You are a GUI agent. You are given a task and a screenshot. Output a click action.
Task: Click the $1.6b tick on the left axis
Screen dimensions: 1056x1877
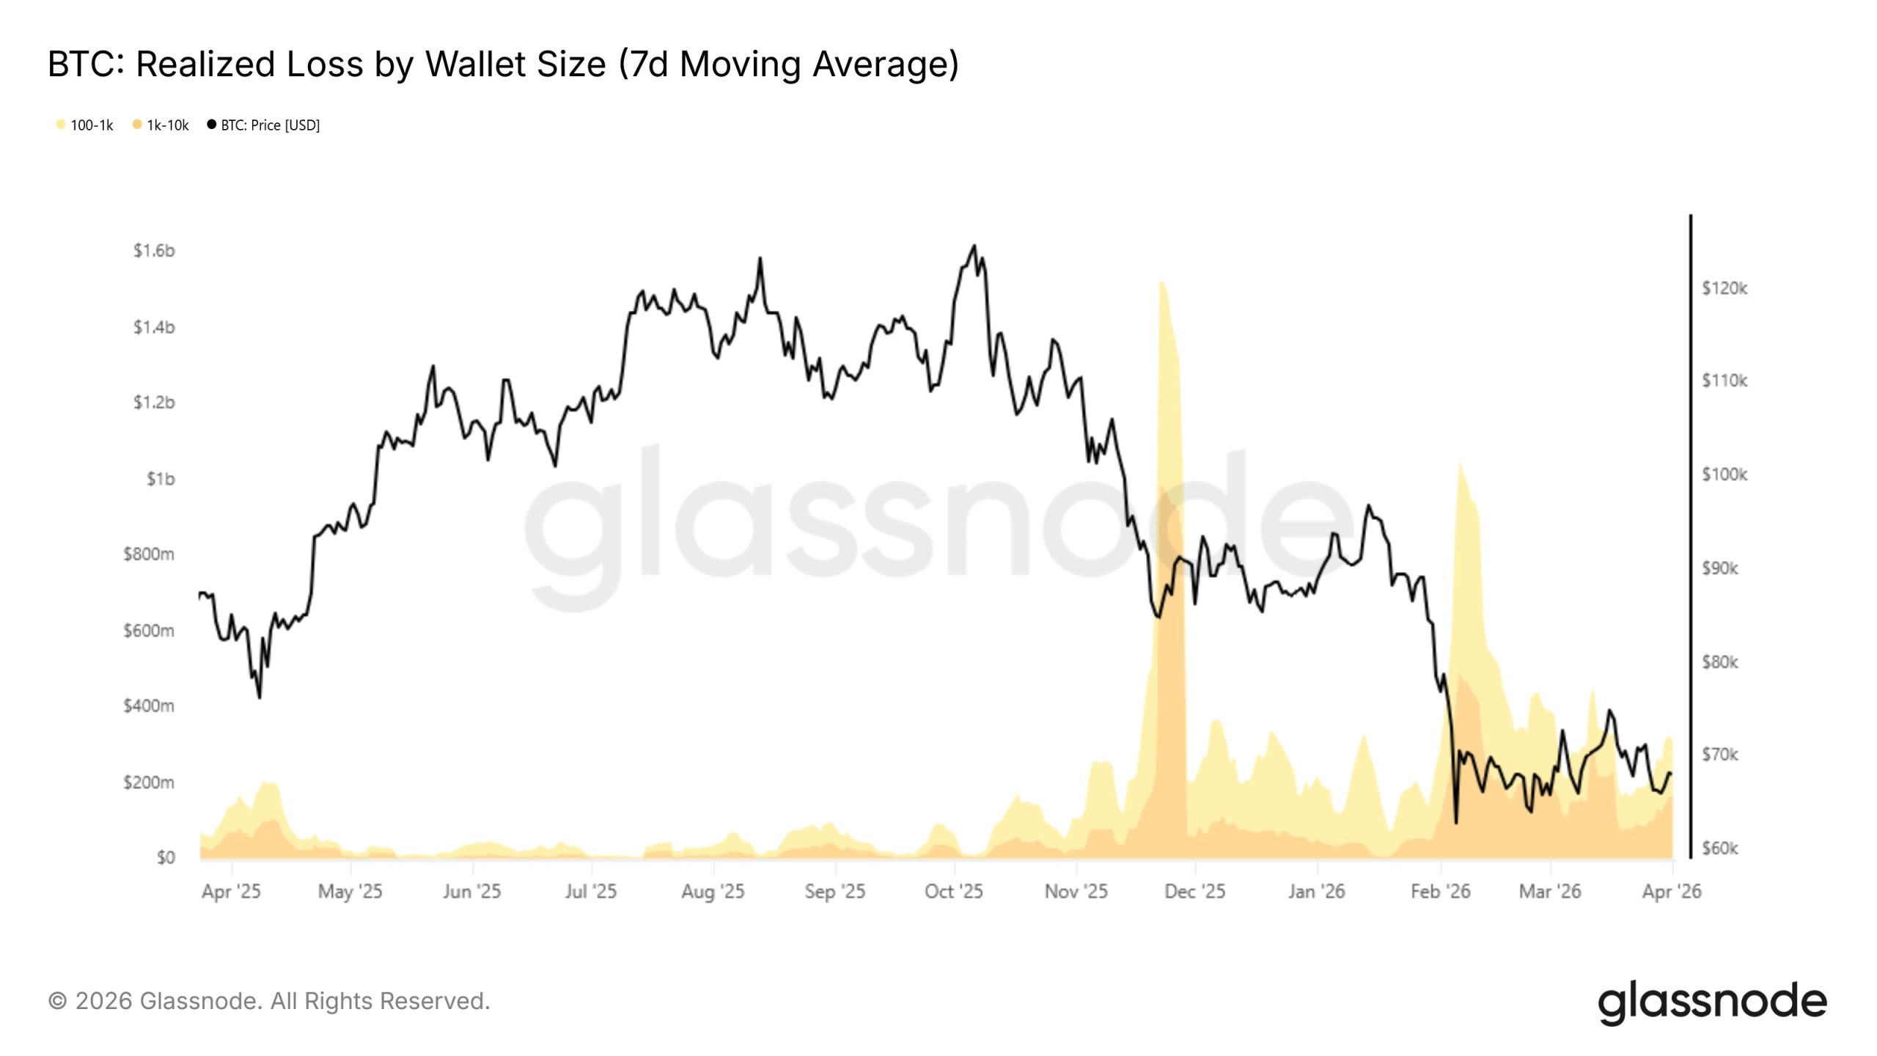coord(154,251)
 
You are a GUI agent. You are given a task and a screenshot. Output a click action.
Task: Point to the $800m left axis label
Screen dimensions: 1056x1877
coord(149,554)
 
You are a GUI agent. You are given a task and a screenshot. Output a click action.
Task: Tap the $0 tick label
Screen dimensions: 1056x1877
coord(166,857)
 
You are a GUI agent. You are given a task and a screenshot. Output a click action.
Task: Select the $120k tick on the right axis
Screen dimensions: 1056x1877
coord(1724,288)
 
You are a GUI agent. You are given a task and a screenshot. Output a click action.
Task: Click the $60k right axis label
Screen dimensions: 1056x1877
coord(1719,848)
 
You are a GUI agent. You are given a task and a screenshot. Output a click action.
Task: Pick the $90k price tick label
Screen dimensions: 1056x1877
coord(1719,568)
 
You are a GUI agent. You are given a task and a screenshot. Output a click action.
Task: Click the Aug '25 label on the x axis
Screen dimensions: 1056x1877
coord(713,892)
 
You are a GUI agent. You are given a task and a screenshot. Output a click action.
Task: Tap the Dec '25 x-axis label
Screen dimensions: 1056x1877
coord(1194,892)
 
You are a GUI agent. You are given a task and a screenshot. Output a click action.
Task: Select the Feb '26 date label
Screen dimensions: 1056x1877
coord(1441,892)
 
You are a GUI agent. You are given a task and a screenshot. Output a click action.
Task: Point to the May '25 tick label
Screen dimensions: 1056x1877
coord(350,892)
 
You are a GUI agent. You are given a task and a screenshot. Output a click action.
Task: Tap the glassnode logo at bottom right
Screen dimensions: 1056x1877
coord(1712,1002)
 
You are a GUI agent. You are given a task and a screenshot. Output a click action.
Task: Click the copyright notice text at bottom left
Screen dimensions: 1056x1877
coord(269,1001)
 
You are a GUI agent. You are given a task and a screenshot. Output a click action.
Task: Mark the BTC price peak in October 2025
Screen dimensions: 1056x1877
coord(974,246)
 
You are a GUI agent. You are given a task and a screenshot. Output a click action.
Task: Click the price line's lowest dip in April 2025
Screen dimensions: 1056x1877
coord(260,697)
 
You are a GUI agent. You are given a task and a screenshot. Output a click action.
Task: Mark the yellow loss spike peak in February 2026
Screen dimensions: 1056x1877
coord(1461,463)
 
